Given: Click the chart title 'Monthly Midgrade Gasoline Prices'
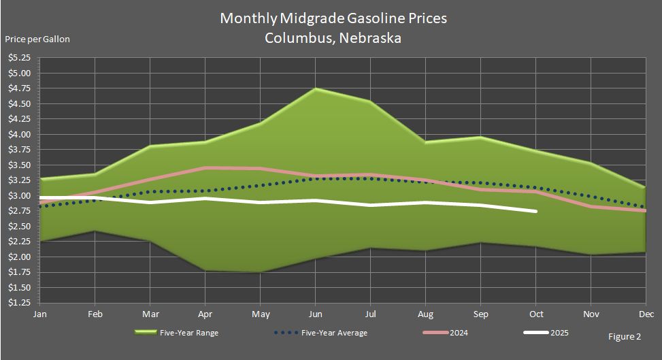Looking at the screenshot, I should [x=333, y=18].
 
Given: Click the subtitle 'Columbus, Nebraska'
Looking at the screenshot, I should [x=333, y=38].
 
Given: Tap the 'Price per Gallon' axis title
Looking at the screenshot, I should [x=37, y=39].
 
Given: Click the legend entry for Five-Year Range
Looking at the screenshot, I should [x=178, y=333].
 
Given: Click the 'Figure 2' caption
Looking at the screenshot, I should [x=625, y=336].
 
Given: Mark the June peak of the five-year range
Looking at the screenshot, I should [x=316, y=88].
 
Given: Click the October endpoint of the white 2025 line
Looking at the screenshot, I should [x=536, y=212].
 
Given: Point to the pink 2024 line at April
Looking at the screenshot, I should [x=205, y=167].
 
